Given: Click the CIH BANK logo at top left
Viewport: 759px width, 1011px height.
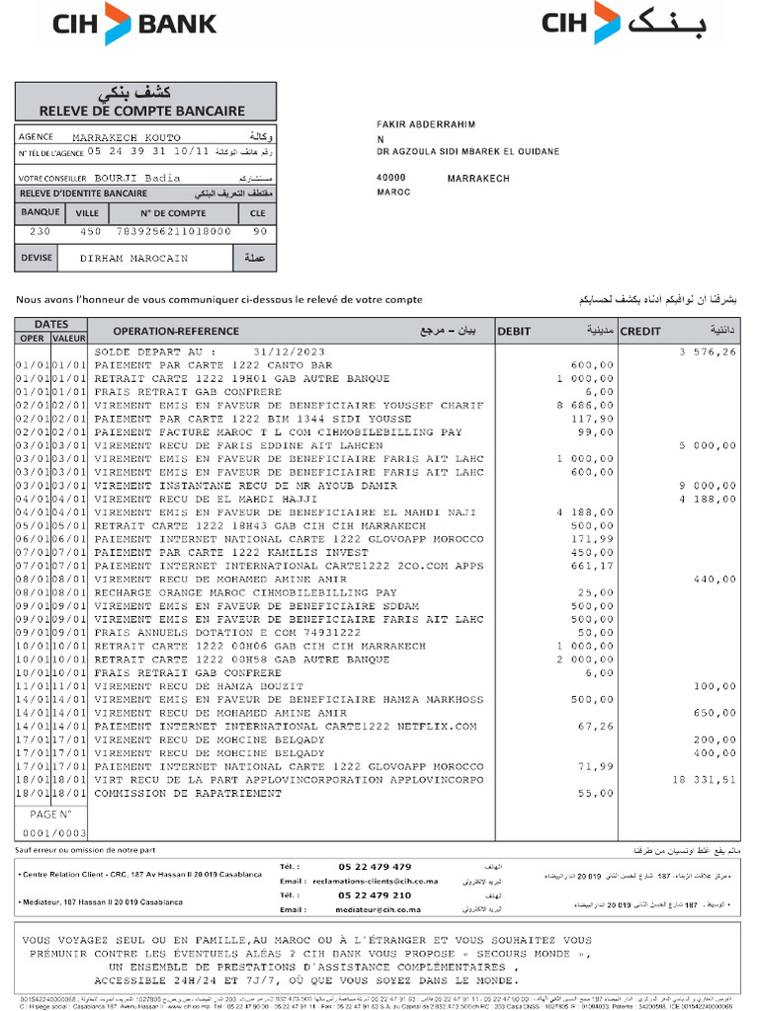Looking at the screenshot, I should point(134,24).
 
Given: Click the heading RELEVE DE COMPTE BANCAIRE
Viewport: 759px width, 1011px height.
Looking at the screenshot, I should point(145,110).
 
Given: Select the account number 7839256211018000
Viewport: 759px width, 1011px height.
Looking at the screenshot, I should point(173,230).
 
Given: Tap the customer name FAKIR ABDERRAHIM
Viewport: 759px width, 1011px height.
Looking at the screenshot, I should point(426,124).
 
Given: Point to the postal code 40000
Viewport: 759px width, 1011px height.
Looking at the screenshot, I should point(392,179).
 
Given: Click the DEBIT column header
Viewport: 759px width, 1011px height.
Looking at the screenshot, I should point(515,332).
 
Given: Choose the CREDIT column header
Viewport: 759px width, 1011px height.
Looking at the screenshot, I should point(640,332).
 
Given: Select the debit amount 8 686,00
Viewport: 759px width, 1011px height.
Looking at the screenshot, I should point(585,406).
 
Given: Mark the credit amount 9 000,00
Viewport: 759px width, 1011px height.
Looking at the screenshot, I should point(708,486).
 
